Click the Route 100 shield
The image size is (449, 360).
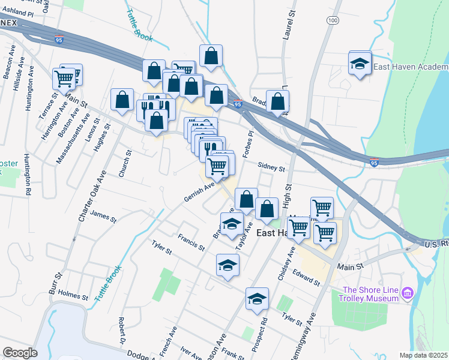point(332,20)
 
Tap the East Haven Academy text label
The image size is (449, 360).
point(411,67)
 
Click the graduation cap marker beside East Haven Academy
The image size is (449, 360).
point(360,64)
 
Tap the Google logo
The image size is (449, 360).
point(20,353)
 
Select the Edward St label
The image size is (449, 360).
point(306,277)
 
